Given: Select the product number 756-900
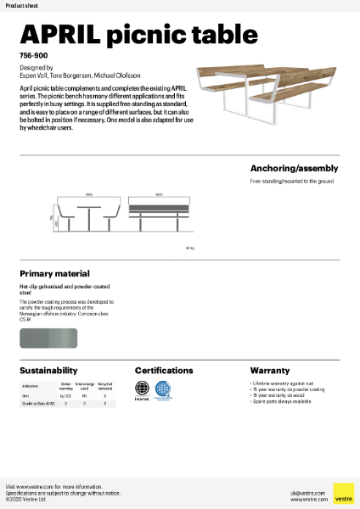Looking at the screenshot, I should pyautogui.click(x=33, y=54).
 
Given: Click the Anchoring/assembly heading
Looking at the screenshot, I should pyautogui.click(x=295, y=168).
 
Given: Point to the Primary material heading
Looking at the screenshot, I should pyautogui.click(x=54, y=274).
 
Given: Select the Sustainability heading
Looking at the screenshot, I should pyautogui.click(x=48, y=371).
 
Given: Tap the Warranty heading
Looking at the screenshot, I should pyautogui.click(x=270, y=371).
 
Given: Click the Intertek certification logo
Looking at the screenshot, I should pyautogui.click(x=143, y=390).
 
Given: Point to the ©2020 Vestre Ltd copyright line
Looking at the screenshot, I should pyautogui.click(x=26, y=499).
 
